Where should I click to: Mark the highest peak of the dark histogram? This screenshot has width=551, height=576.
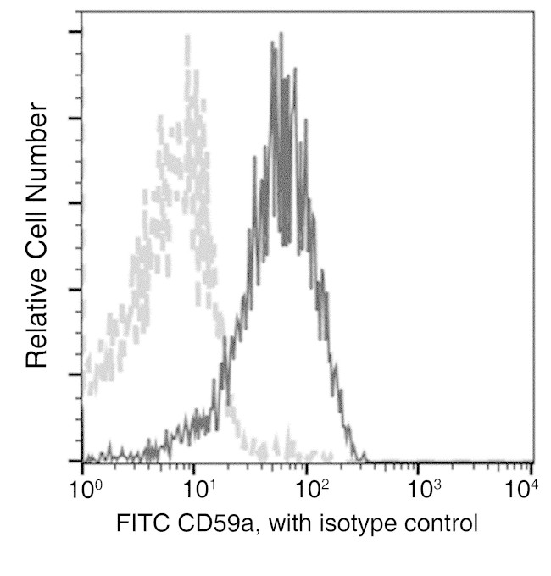[x=273, y=41]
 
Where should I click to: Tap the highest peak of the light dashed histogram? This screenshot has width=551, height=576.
[x=186, y=37]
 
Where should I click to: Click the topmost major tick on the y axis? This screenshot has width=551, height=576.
[x=76, y=32]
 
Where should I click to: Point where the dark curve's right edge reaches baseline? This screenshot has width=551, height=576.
[x=365, y=461]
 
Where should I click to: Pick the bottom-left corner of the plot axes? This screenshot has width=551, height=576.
[x=82, y=462]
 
